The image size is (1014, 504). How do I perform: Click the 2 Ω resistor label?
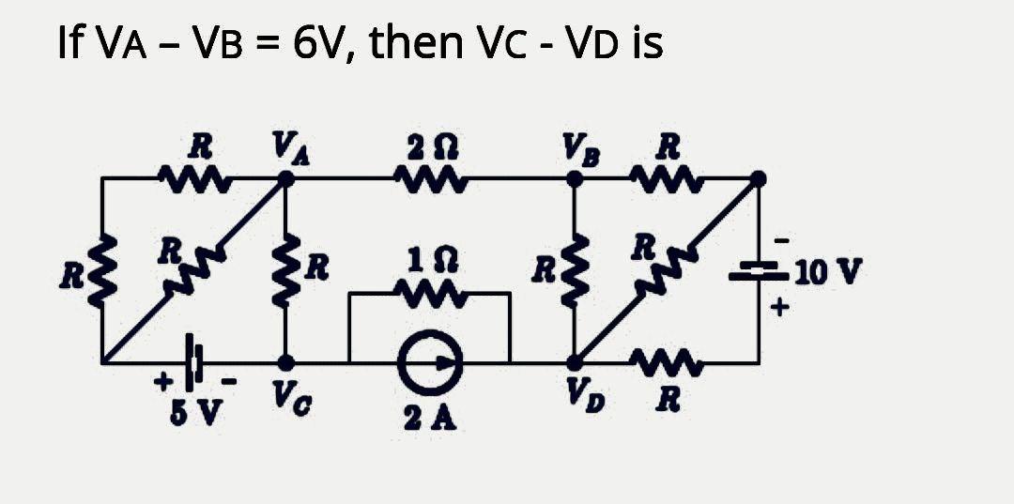pyautogui.click(x=426, y=147)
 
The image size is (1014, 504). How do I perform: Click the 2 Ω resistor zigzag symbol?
pyautogui.click(x=427, y=176)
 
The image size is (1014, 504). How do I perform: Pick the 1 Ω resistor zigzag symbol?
pyautogui.click(x=428, y=294)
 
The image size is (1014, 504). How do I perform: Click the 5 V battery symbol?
pyautogui.click(x=194, y=361)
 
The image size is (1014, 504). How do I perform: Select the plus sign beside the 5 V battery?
pyautogui.click(x=163, y=381)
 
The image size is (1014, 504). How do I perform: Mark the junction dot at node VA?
pyautogui.click(x=287, y=177)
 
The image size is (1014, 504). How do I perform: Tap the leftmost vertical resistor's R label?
pyautogui.click(x=72, y=278)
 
